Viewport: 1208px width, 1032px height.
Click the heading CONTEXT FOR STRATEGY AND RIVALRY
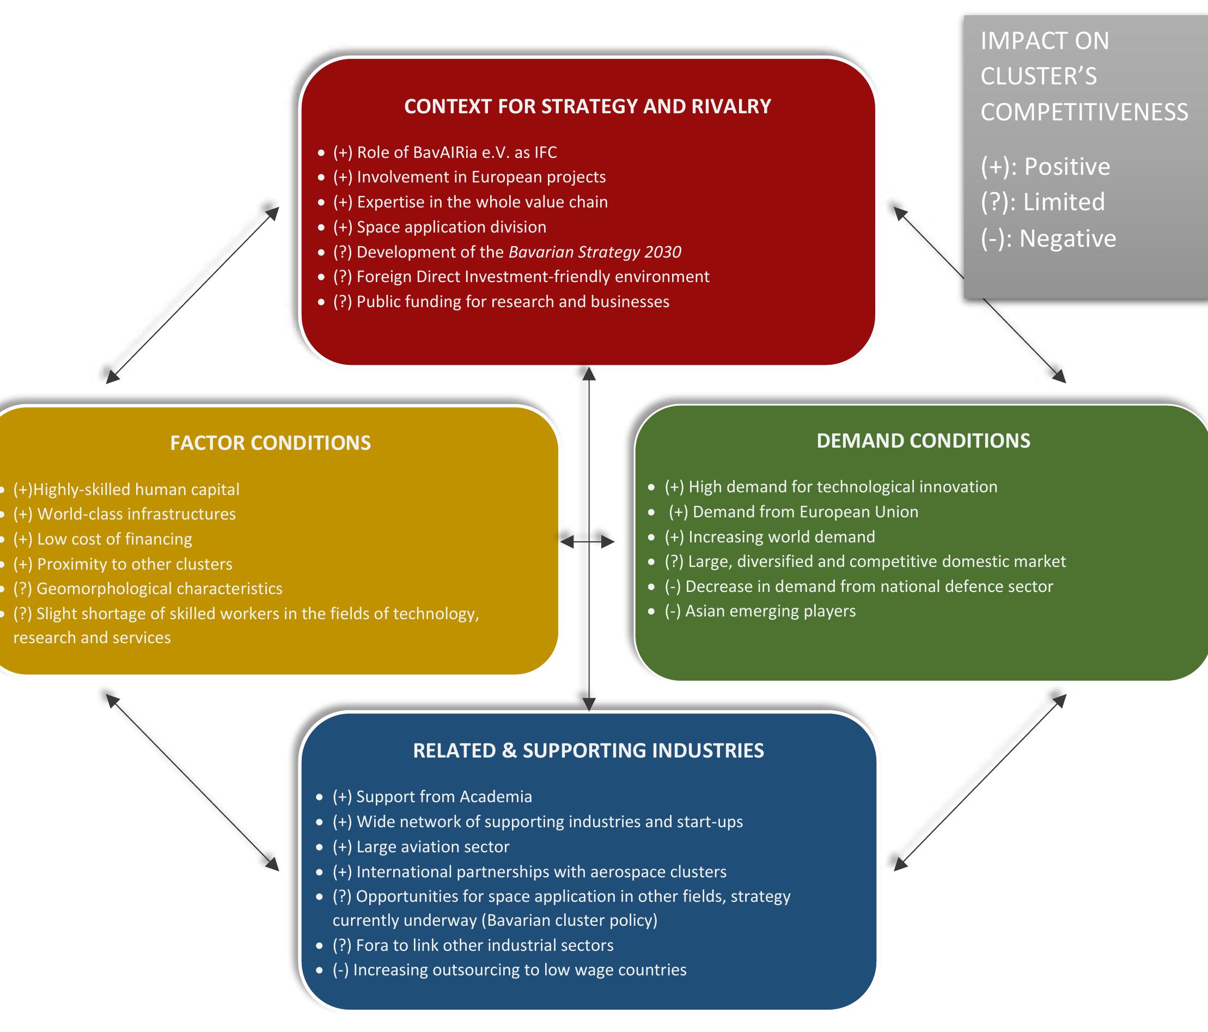click(587, 106)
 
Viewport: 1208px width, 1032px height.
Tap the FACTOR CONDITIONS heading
click(270, 443)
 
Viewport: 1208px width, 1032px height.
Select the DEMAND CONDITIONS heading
click(923, 440)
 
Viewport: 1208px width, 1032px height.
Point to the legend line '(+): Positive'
click(1045, 166)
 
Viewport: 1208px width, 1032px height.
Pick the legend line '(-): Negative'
click(1048, 238)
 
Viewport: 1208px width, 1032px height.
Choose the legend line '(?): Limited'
click(1042, 201)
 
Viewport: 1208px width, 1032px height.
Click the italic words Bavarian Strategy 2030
click(594, 252)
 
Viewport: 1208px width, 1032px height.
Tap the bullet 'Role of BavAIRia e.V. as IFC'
click(444, 152)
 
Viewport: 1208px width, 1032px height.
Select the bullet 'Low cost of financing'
click(102, 539)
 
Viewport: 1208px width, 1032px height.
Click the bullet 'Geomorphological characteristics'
click(148, 588)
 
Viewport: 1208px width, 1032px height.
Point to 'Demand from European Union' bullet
click(793, 511)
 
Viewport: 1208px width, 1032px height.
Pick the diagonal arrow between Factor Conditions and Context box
click(192, 295)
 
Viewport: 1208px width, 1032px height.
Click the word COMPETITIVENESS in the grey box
click(1083, 112)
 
